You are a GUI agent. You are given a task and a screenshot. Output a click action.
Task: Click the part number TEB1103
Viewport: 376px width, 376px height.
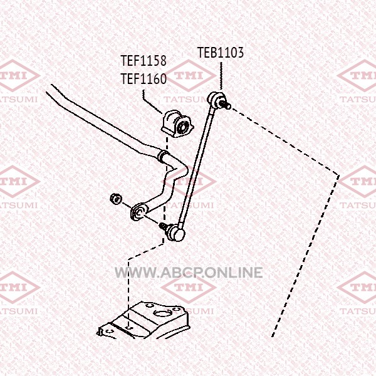221,53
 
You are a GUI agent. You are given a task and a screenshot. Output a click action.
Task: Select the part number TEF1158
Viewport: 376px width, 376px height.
144,60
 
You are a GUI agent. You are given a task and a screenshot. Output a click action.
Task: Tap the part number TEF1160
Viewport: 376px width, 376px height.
144,79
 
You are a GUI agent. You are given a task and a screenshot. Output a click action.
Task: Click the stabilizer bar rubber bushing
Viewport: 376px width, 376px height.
177,123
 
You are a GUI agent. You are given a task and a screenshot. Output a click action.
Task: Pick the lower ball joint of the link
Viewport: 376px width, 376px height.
177,232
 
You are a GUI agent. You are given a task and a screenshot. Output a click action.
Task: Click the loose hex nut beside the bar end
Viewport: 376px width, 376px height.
115,199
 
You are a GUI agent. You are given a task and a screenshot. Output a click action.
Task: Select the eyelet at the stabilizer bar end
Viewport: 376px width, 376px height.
138,211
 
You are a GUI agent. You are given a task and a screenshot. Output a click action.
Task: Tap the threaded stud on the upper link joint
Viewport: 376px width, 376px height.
226,105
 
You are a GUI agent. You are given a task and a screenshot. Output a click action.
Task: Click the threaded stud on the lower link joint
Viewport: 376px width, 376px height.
164,226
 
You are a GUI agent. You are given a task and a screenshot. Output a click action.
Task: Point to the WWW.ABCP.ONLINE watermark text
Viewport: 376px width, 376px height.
189,273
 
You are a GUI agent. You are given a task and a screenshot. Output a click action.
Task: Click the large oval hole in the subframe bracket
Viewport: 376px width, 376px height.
162,313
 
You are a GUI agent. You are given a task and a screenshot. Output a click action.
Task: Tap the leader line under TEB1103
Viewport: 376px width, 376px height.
221,76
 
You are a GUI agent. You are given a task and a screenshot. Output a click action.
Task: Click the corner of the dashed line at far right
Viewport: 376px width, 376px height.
338,175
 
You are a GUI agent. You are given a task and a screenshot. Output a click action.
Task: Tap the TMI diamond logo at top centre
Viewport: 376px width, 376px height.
189,76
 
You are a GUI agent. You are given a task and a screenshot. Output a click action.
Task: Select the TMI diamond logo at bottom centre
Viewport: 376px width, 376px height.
189,288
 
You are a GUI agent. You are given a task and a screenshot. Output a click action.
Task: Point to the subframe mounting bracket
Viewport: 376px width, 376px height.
144,321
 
